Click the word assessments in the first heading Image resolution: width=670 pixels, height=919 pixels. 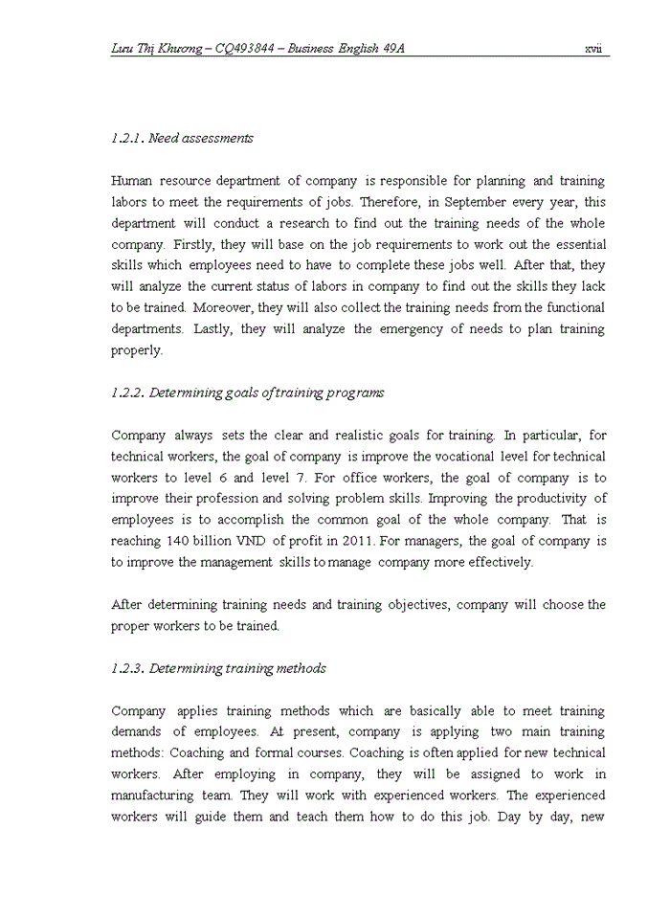219,138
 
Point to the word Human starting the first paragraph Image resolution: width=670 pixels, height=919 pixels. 132,181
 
